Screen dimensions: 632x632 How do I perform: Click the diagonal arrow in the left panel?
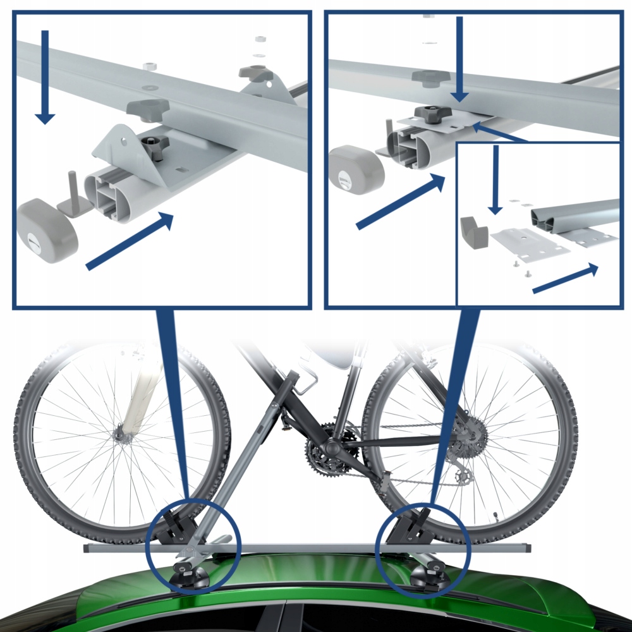coord(130,241)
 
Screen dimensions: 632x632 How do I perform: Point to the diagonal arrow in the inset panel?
coord(565,279)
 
